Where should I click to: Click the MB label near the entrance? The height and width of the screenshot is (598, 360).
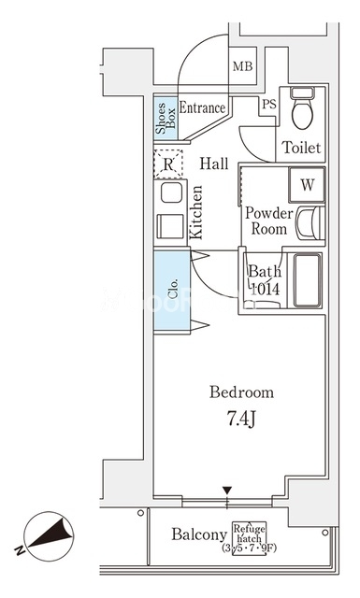click(243, 66)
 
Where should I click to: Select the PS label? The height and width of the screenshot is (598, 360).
click(269, 104)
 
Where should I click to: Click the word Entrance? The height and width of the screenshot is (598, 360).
click(202, 107)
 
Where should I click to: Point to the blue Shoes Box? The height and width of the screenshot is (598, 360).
click(166, 118)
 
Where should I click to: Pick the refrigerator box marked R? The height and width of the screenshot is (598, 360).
click(168, 164)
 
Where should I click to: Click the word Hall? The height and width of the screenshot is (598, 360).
click(214, 164)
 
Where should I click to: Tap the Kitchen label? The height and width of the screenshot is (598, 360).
click(195, 212)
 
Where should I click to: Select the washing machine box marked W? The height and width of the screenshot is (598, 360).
click(307, 185)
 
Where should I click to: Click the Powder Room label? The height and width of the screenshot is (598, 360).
click(268, 221)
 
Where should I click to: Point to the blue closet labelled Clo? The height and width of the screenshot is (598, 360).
click(172, 291)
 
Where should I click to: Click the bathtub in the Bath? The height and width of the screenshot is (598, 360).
click(307, 280)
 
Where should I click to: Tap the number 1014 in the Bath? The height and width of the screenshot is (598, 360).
click(265, 290)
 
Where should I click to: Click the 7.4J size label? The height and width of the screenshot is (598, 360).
click(241, 420)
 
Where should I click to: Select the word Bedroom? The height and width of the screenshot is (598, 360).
click(241, 392)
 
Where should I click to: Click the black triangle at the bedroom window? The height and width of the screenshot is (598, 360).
click(227, 490)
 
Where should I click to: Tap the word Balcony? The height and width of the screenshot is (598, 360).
click(199, 534)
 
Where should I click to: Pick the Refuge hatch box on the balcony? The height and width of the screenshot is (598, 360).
click(250, 538)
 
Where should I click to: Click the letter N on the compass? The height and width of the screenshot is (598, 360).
click(19, 549)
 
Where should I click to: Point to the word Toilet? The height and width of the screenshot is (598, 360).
click(302, 148)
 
